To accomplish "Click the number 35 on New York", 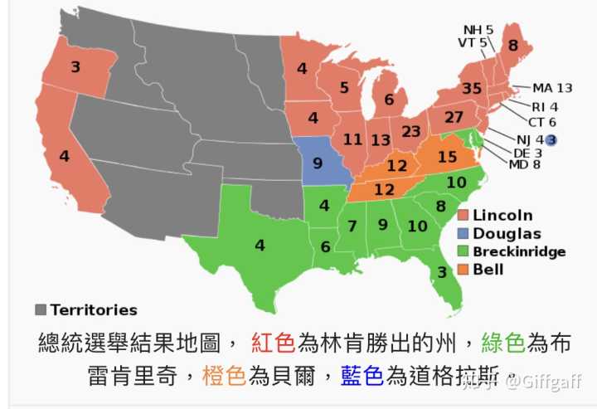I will [472, 89].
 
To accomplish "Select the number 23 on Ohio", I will [411, 131].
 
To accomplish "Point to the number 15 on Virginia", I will [447, 157].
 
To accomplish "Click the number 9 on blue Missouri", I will [318, 163].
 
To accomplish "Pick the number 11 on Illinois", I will [353, 139].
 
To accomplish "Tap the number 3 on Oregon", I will [75, 67].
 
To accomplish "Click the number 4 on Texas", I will [260, 245].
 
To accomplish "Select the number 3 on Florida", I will [442, 272].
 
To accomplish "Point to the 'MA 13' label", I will [552, 88].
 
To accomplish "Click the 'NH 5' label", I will [478, 30].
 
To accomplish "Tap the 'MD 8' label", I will [524, 164].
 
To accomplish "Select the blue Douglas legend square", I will [463, 234].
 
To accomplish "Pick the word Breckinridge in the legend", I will [519, 251].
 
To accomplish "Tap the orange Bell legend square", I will [463, 269].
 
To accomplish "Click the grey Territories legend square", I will [41, 309].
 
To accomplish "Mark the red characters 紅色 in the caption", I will [273, 343].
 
